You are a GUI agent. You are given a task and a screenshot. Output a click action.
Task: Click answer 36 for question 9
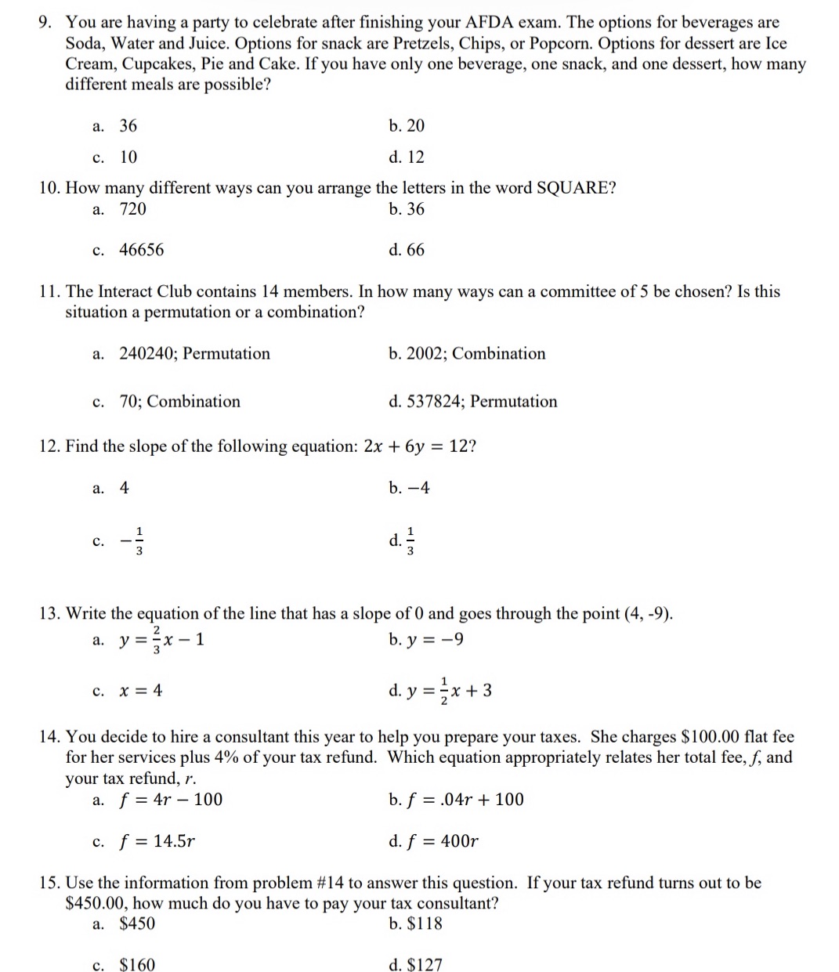(128, 125)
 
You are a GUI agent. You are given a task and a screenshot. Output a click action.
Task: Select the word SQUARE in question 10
(577, 188)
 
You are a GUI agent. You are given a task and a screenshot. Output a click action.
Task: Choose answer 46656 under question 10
(142, 250)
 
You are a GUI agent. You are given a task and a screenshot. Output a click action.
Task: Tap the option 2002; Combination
(467, 353)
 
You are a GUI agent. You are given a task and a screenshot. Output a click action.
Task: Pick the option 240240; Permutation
(194, 353)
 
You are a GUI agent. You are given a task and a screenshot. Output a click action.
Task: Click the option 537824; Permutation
(473, 401)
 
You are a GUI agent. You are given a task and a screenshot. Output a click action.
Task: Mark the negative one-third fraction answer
(134, 540)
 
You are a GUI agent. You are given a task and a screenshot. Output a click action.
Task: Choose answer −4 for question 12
(410, 488)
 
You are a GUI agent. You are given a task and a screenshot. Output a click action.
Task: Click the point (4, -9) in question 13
(647, 613)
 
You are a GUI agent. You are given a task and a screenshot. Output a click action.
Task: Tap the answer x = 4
(140, 690)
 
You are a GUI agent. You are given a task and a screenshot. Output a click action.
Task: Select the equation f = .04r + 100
(457, 800)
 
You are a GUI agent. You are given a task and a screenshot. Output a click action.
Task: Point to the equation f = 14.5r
(157, 841)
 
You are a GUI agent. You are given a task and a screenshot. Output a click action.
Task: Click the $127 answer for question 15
(416, 965)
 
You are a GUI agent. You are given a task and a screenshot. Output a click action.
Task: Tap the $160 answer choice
(137, 965)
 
